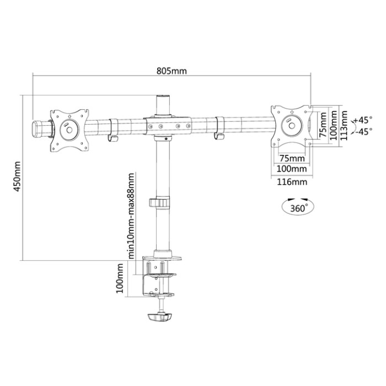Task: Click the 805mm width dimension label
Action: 171,71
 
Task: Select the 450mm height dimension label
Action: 17,176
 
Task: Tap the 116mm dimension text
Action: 292,182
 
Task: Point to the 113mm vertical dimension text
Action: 344,126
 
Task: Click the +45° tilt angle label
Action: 363,120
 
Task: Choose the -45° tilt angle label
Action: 363,131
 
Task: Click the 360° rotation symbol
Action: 298,206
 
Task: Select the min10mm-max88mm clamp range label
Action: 131,216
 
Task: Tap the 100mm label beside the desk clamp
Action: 120,278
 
